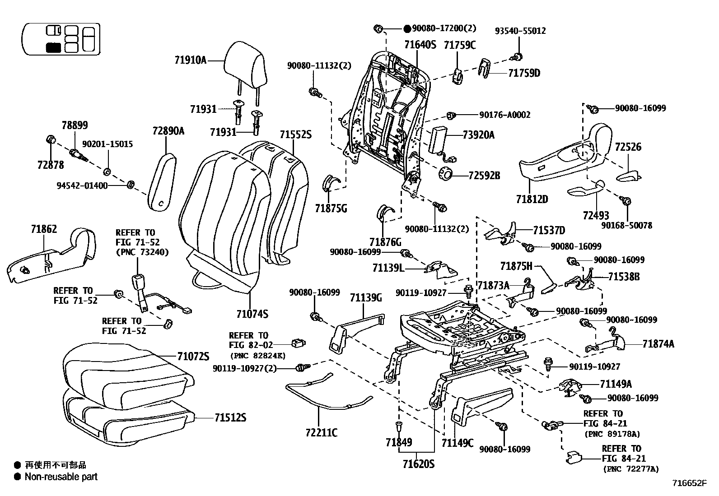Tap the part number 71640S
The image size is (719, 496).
420,45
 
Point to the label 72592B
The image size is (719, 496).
484,176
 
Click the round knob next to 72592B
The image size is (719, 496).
446,173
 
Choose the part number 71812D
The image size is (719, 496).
532,199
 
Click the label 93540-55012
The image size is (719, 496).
520,31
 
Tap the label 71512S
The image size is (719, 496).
228,417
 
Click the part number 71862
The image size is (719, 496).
44,229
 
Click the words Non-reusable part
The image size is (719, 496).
61,477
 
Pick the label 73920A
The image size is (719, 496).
478,134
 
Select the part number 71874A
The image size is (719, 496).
658,344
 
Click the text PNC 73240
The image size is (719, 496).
142,252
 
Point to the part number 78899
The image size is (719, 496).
75,125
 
